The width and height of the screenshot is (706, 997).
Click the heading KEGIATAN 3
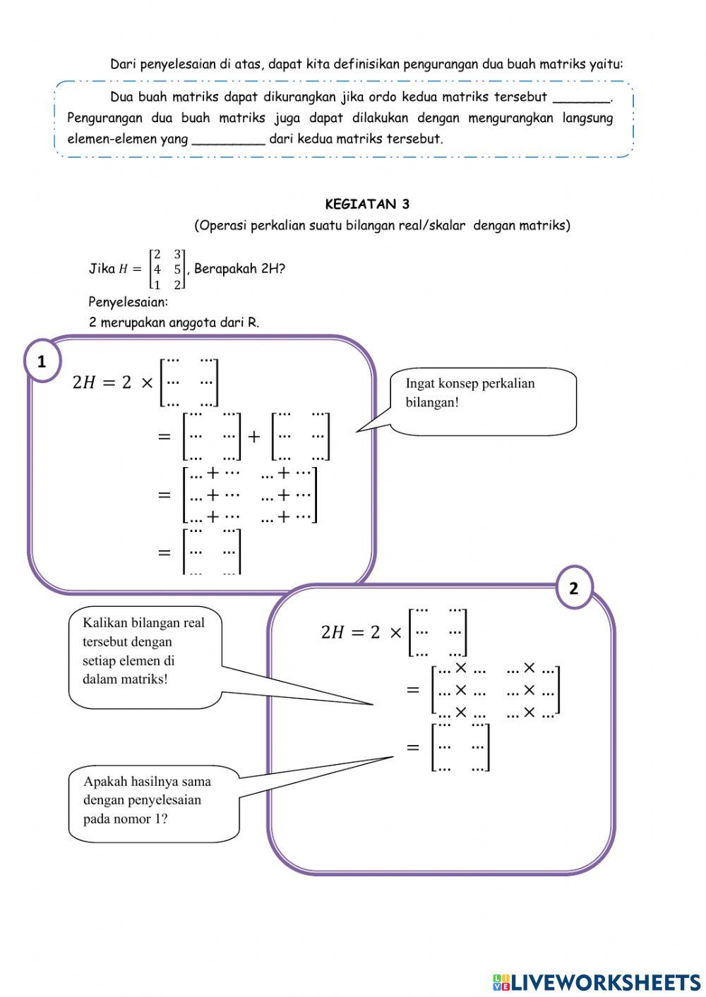tap(366, 205)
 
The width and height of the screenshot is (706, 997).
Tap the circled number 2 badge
tap(573, 588)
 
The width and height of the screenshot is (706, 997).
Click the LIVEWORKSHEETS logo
tap(597, 981)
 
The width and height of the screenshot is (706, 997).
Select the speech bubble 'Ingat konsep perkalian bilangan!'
tap(483, 401)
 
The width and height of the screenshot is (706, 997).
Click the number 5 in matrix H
tap(177, 270)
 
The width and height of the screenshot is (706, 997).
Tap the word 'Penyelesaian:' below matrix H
tap(128, 302)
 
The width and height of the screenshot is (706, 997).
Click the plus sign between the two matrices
tap(254, 436)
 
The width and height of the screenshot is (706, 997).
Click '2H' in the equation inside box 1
tap(83, 382)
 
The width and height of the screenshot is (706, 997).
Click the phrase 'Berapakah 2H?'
tap(239, 269)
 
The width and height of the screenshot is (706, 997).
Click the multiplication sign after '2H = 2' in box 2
tap(395, 632)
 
